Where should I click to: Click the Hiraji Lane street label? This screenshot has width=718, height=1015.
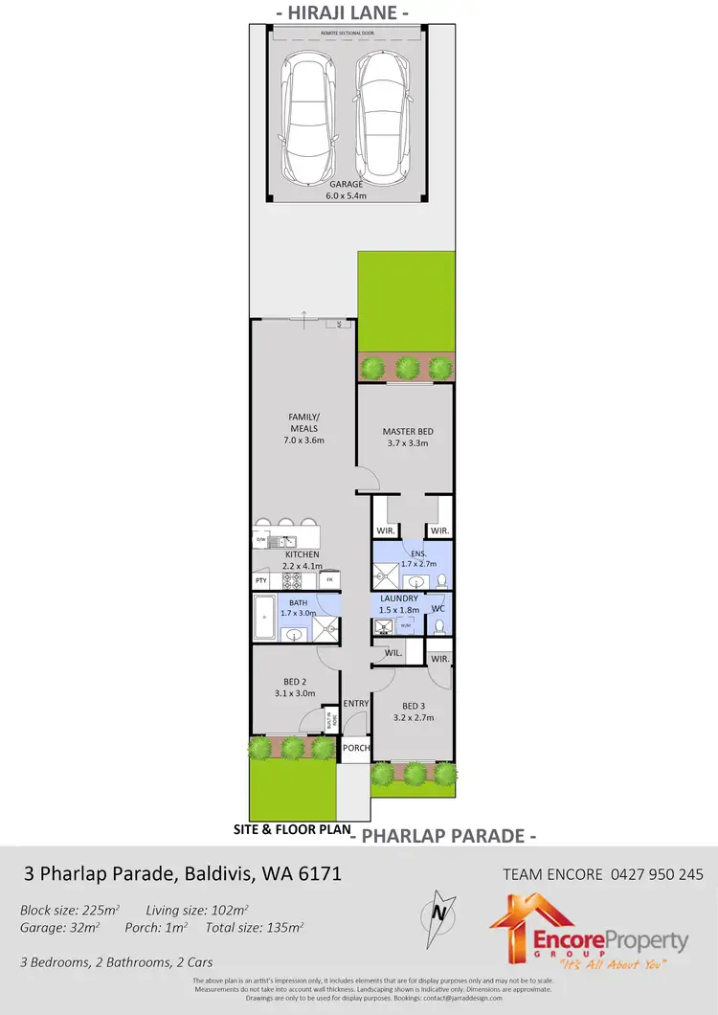pyautogui.click(x=343, y=13)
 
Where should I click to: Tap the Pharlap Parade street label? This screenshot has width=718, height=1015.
pyautogui.click(x=443, y=836)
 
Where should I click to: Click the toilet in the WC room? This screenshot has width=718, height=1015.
pyautogui.click(x=438, y=626)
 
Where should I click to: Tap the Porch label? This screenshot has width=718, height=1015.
pyautogui.click(x=356, y=748)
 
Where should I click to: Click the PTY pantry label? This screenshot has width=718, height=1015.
pyautogui.click(x=260, y=581)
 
